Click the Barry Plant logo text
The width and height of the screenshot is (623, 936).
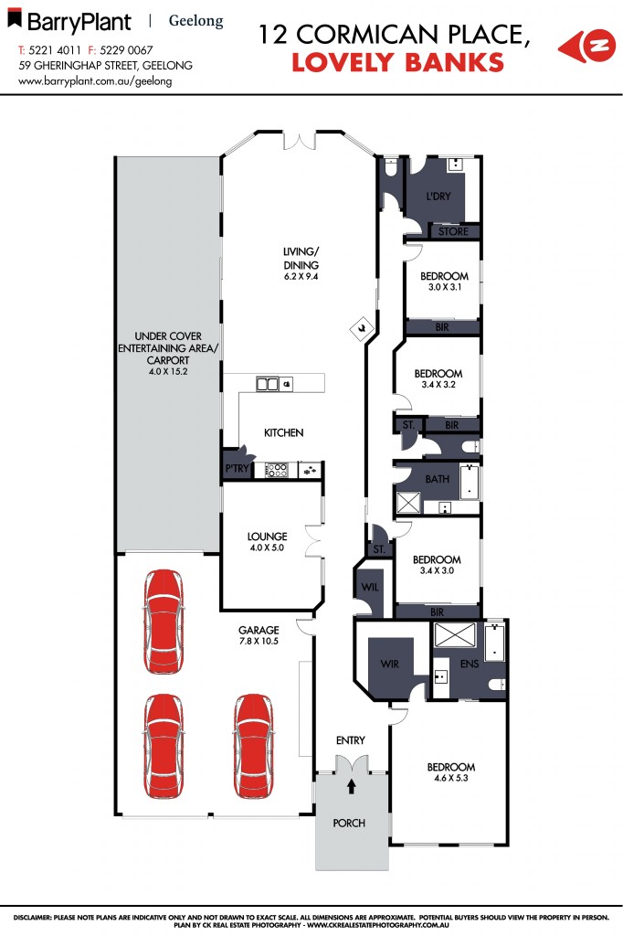[78, 21]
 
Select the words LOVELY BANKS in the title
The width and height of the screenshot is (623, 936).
[397, 62]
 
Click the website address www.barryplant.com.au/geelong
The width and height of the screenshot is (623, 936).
[96, 80]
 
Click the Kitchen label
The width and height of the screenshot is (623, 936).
[283, 432]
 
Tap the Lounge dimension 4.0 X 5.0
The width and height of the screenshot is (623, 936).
[267, 548]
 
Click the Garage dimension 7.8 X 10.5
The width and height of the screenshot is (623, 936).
[259, 642]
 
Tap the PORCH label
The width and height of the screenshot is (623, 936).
[349, 824]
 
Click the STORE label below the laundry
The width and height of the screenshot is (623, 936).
[453, 232]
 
